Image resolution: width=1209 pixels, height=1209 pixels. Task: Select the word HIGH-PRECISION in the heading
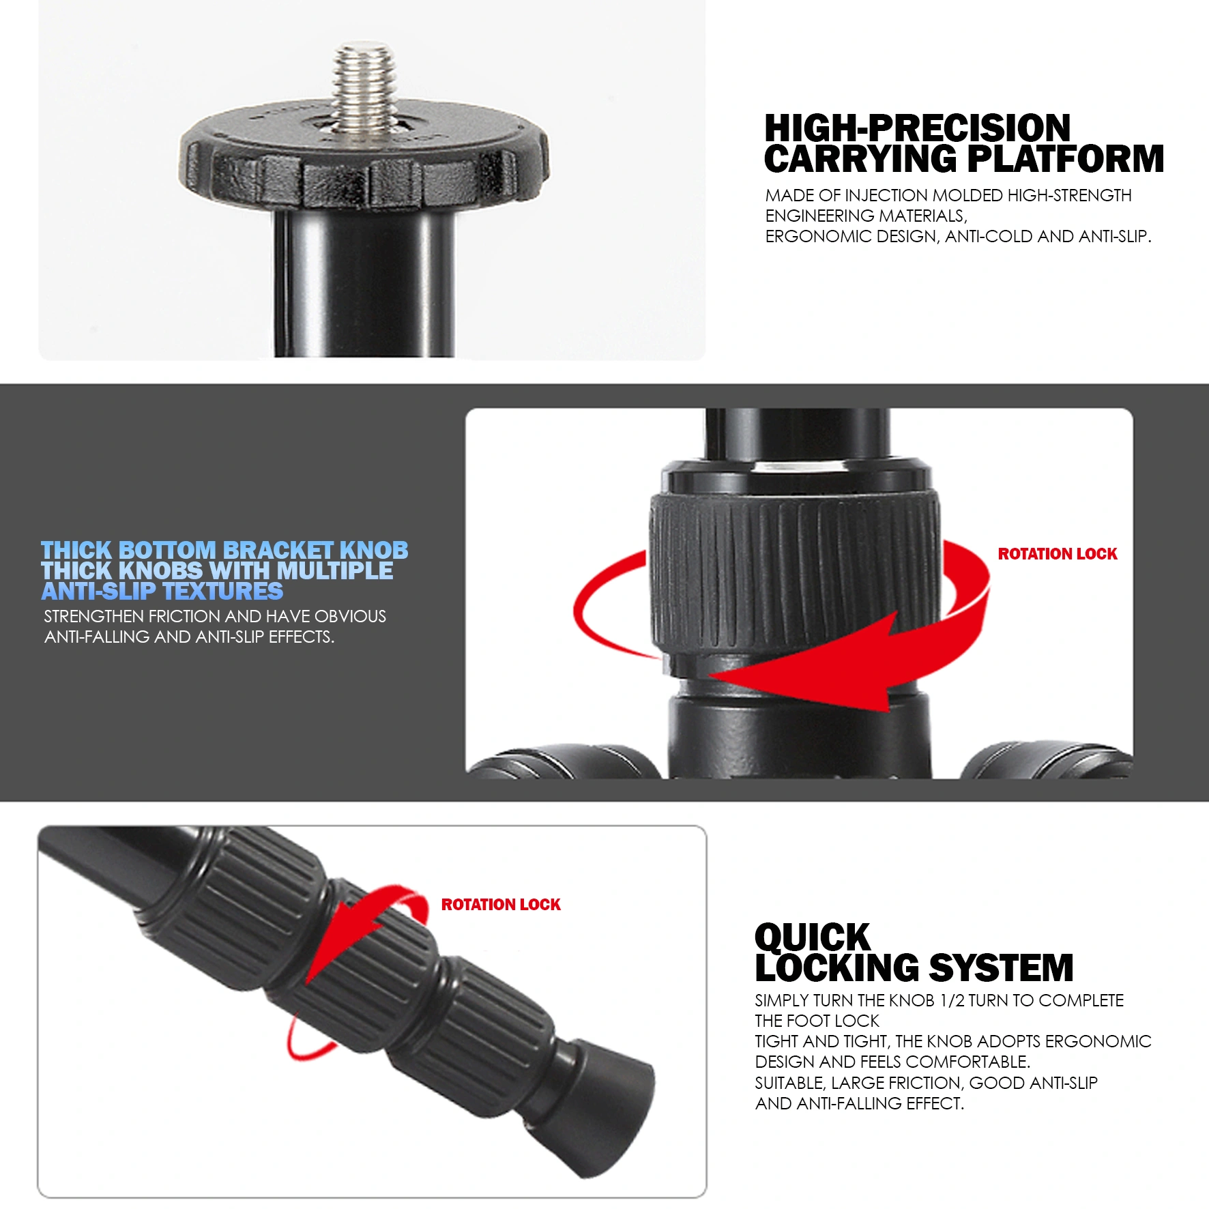pyautogui.click(x=917, y=128)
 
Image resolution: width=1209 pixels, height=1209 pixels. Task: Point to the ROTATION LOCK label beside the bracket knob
pyautogui.click(x=1058, y=554)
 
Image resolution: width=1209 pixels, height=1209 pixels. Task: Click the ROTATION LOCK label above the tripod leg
pyautogui.click(x=501, y=905)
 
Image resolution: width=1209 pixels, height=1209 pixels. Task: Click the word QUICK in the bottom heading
pyautogui.click(x=812, y=937)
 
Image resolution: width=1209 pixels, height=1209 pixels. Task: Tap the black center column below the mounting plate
pyautogui.click(x=364, y=283)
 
